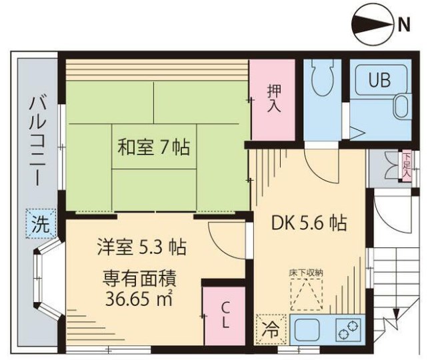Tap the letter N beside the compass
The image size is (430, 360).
(403, 26)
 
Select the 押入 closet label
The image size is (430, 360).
(273, 98)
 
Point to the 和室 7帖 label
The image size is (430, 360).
(154, 146)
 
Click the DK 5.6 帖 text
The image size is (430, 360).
(309, 223)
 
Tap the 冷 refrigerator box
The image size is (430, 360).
(267, 327)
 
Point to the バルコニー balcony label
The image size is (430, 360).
(37, 141)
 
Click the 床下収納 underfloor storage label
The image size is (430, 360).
(306, 272)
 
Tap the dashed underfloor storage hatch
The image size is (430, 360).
(306, 293)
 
